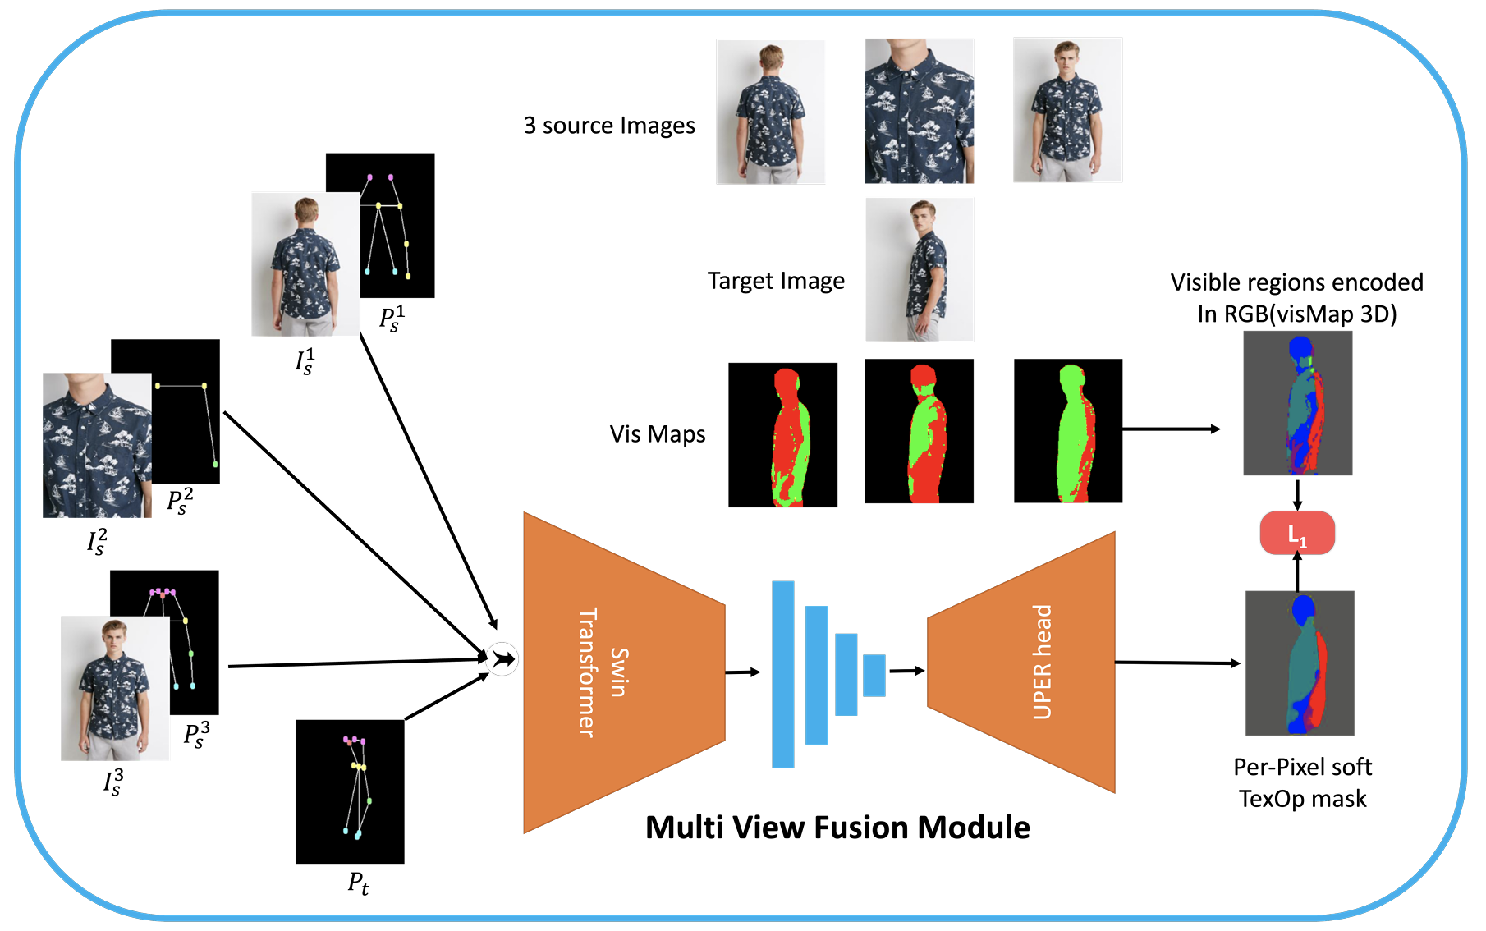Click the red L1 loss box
1297,534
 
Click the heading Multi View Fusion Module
837,828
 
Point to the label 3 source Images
609,126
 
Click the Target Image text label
776,281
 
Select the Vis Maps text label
658,434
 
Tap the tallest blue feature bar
783,674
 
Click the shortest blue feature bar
874,675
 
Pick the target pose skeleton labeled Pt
350,791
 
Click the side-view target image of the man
920,269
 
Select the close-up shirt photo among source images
920,111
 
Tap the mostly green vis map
1068,430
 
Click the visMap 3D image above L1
1297,403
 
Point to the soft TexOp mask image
1300,663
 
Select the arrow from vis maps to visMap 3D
1171,429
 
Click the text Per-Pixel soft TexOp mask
1302,782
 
